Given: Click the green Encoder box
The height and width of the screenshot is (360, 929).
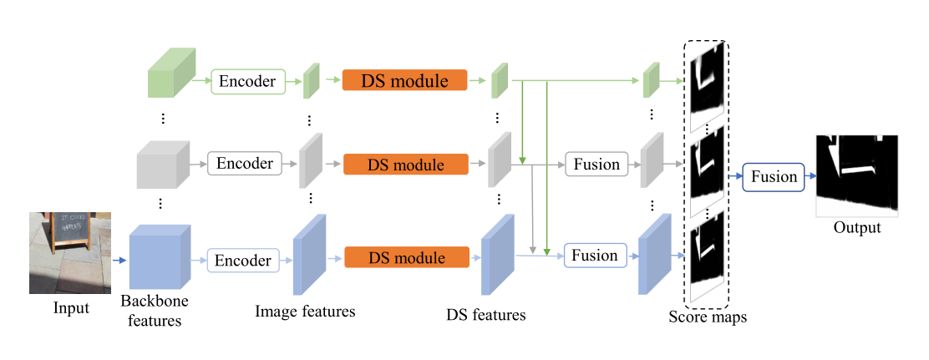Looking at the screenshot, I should [249, 81].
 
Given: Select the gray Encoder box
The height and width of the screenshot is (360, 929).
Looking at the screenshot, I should [246, 163].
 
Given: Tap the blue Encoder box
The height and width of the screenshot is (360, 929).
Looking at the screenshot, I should [242, 260].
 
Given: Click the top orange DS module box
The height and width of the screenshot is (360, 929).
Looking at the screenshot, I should [404, 81].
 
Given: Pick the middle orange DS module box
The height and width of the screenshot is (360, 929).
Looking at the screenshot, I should [405, 164].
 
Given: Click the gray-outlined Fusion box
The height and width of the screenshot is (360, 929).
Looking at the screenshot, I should [596, 164].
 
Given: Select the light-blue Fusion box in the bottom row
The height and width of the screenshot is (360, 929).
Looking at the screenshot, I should [594, 256].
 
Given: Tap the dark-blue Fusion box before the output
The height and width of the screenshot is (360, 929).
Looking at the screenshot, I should [774, 177].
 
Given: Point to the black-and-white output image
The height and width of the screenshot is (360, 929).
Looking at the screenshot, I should [857, 173].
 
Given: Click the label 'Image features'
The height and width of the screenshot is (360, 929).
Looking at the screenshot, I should [305, 312].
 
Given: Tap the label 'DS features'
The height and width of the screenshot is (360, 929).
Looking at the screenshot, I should [486, 315].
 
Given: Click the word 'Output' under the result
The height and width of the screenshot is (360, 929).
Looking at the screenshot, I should [856, 227].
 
